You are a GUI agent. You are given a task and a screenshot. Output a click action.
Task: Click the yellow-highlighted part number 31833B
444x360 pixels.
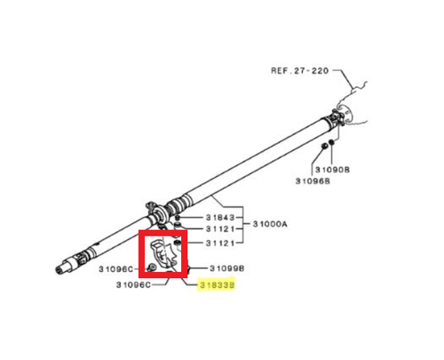pyautogui.click(x=218, y=285)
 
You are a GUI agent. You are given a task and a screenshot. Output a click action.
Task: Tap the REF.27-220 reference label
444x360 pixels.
pyautogui.click(x=299, y=71)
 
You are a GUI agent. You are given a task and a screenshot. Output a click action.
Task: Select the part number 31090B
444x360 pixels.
pyautogui.click(x=332, y=170)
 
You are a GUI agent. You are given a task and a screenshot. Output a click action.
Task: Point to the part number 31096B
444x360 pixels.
pyautogui.click(x=313, y=181)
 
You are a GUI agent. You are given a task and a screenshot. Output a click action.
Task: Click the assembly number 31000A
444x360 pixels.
pyautogui.click(x=270, y=224)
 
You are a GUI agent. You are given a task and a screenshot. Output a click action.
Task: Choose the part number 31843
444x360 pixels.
pyautogui.click(x=220, y=218)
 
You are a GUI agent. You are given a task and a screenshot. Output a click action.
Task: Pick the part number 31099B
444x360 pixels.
pyautogui.click(x=226, y=268)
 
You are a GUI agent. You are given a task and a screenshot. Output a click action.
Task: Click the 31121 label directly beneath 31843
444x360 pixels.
pyautogui.click(x=220, y=229)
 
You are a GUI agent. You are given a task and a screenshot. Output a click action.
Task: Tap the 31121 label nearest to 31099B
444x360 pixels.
pyautogui.click(x=220, y=244)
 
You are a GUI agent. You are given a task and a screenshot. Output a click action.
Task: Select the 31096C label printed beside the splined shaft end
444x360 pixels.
pyautogui.click(x=116, y=269)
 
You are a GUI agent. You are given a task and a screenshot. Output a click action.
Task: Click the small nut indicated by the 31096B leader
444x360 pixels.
pyautogui.click(x=324, y=146)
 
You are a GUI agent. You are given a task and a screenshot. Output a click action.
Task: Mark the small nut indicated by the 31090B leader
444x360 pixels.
pyautogui.click(x=331, y=142)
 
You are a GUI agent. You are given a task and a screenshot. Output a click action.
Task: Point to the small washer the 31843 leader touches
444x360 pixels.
pyautogui.click(x=177, y=219)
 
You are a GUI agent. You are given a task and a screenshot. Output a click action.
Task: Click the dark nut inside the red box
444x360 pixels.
pyautogui.click(x=178, y=243)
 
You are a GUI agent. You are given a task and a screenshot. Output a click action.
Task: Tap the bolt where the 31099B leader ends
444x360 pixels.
pyautogui.click(x=187, y=268)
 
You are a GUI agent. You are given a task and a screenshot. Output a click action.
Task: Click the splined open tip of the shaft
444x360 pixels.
pyautogui.click(x=59, y=269)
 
